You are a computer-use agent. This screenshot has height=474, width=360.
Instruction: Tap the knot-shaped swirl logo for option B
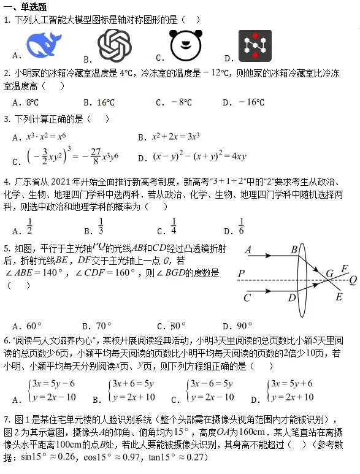pos(115,45)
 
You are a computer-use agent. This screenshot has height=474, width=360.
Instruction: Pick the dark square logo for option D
pos(255,46)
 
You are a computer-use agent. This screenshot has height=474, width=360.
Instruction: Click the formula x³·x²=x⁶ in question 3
pos(47,137)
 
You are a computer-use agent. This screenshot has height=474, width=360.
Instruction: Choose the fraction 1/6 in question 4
pos(241,226)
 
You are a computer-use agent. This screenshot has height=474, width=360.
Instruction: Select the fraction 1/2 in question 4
pos(29,226)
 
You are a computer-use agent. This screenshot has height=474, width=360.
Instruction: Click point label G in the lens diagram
pos(330,273)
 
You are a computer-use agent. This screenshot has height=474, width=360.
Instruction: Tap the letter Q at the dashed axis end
pos(353,280)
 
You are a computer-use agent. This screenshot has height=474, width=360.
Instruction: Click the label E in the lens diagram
pos(339,297)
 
